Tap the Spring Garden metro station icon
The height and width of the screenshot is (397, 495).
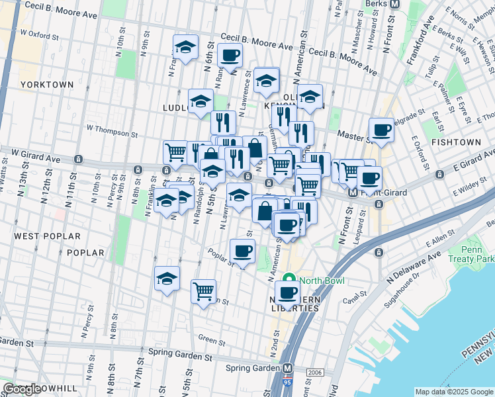click(x=288, y=368)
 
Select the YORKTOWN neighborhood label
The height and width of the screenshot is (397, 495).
click(x=46, y=85)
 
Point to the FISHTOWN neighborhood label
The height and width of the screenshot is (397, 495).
click(x=456, y=142)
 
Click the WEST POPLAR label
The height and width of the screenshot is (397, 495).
click(x=47, y=236)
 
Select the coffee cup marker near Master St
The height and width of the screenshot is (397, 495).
click(x=381, y=130)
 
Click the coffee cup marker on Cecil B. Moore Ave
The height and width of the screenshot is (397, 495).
click(x=230, y=56)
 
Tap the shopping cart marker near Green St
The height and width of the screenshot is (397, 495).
click(x=204, y=291)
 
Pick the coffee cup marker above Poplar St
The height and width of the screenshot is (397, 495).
click(x=242, y=251)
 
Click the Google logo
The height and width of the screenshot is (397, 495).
click(x=22, y=388)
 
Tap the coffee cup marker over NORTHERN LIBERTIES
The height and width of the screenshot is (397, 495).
click(x=288, y=292)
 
